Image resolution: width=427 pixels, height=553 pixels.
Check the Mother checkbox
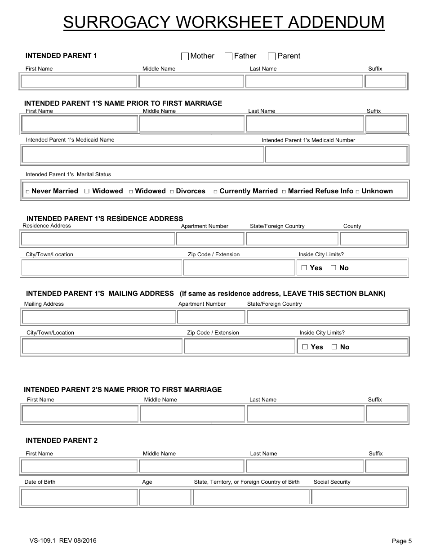click(185, 56)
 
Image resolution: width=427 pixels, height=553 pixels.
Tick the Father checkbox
click(228, 56)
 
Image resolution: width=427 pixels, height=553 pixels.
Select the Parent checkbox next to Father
click(271, 56)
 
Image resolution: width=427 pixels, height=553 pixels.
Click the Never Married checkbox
click(27, 192)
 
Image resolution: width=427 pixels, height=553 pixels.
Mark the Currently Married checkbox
click(215, 192)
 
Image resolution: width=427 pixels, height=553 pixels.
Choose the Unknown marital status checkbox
click(357, 192)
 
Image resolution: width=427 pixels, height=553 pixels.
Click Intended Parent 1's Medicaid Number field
click(336, 155)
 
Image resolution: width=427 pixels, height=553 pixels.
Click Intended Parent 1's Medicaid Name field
click(142, 155)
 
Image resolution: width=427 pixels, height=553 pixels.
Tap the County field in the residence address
click(373, 239)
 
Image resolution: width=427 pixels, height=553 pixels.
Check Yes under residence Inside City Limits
click(304, 268)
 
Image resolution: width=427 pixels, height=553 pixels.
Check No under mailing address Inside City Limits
click(334, 347)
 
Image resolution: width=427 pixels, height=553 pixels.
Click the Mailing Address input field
click(98, 317)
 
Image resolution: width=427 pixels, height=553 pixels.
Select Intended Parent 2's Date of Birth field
click(79, 497)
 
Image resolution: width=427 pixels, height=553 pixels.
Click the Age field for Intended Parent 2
click(165, 497)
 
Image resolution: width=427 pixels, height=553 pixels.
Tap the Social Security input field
click(359, 497)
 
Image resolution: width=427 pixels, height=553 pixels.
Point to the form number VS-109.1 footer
click(63, 540)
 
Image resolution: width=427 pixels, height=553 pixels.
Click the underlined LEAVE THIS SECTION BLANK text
click(333, 294)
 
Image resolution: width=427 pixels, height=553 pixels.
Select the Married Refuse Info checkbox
click(284, 192)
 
